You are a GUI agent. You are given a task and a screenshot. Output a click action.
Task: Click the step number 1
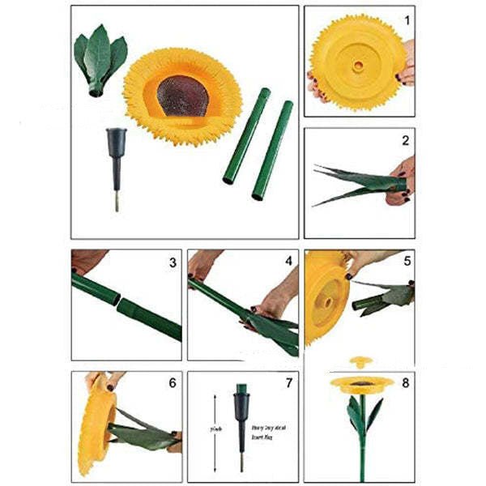click(x=407, y=18)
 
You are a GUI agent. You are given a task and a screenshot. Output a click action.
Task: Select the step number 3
click(x=173, y=262)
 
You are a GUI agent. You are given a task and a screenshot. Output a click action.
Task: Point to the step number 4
click(x=288, y=262)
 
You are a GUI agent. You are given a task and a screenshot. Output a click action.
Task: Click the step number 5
click(x=407, y=262)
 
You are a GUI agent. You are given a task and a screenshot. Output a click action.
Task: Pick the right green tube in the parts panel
click(x=272, y=150)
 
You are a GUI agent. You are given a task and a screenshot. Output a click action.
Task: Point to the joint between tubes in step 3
click(x=118, y=302)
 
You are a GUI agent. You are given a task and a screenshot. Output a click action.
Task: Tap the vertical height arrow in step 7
click(x=215, y=433)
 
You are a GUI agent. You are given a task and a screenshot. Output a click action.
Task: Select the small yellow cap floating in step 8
click(x=359, y=362)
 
